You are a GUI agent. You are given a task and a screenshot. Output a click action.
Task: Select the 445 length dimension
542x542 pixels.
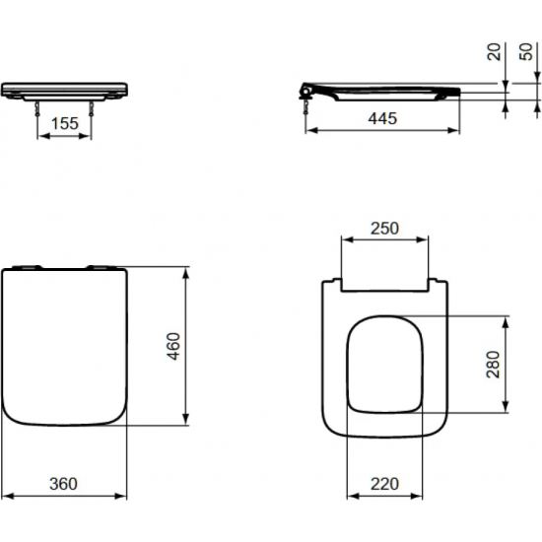coord(382,119)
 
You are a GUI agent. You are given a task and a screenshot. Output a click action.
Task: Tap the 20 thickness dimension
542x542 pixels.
coord(496,50)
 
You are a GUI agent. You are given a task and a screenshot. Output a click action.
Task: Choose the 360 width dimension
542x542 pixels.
coord(64,484)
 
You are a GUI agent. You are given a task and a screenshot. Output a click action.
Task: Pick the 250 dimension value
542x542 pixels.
coord(383,228)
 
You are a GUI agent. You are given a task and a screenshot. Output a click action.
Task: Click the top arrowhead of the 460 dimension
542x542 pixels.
coord(187,270)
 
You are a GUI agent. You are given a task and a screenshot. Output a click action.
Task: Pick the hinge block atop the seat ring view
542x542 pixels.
coord(383,287)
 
